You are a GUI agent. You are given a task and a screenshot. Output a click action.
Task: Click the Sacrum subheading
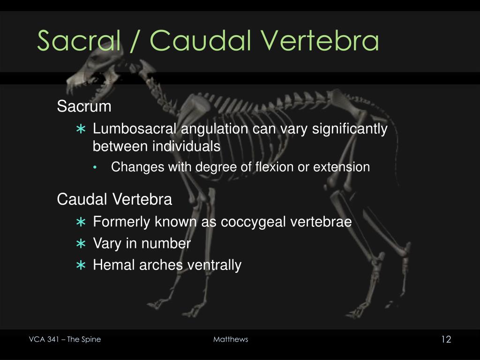[x=84, y=107]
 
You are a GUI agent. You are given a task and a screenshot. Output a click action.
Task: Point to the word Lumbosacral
[x=135, y=129]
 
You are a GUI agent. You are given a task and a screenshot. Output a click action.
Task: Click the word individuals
[x=187, y=147]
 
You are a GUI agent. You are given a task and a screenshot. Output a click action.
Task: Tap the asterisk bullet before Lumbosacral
[x=81, y=129]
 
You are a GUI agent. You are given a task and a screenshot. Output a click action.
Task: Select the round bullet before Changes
[x=96, y=168]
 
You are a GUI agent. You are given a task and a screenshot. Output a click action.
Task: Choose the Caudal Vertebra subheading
[x=114, y=200]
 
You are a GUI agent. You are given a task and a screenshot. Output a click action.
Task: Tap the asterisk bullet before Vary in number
[x=81, y=244]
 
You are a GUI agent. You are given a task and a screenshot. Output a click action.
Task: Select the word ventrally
[x=214, y=265]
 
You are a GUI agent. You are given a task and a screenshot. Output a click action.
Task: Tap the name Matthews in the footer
[x=231, y=339]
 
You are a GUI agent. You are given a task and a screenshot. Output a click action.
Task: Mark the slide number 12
[x=446, y=339]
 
